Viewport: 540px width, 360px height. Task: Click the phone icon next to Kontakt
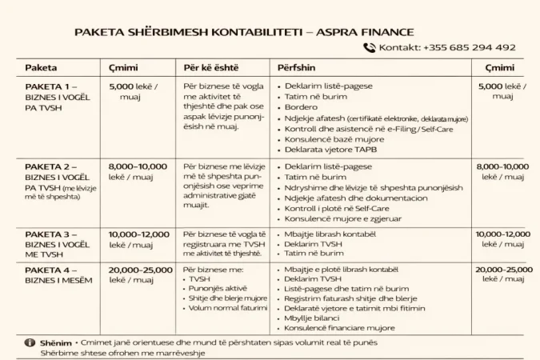click(x=369, y=47)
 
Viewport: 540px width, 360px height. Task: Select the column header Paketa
click(x=41, y=68)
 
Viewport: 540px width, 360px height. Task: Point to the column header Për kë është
click(x=210, y=68)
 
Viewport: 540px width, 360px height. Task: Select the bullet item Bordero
click(x=302, y=107)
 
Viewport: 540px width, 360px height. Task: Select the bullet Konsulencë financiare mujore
click(x=341, y=327)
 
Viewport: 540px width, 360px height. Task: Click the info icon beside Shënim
click(x=31, y=342)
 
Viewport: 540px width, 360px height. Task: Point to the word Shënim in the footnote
click(x=55, y=342)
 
